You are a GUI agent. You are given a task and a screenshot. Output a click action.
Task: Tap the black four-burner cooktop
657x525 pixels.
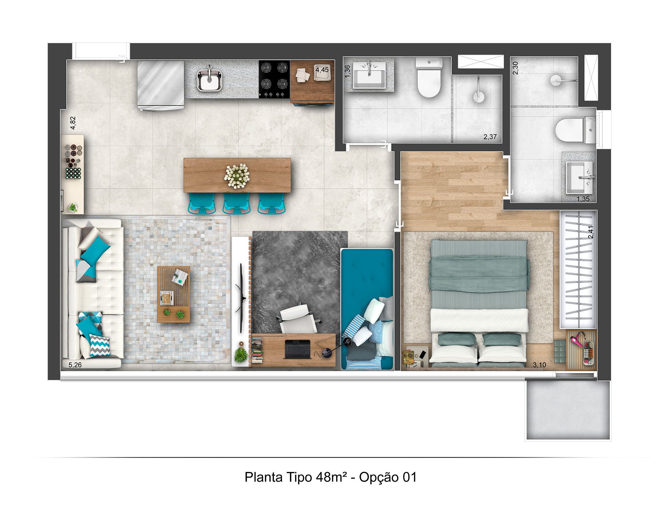(x=274, y=79)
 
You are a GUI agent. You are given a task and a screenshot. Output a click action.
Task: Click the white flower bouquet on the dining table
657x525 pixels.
(x=237, y=176)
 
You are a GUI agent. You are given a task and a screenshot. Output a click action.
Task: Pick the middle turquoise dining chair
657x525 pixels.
(x=236, y=203)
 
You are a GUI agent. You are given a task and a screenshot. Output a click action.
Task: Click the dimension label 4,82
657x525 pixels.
(x=73, y=123)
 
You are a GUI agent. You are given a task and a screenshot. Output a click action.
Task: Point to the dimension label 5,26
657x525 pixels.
(x=75, y=365)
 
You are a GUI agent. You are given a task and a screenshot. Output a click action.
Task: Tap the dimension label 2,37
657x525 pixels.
(x=490, y=137)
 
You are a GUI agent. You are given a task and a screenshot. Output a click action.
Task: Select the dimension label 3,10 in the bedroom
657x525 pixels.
(x=539, y=365)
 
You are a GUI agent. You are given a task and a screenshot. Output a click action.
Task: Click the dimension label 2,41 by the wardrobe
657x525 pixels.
(x=591, y=232)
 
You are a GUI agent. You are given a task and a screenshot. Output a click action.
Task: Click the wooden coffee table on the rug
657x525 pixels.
(x=174, y=294)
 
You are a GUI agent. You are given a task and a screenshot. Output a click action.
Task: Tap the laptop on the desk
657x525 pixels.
(x=298, y=349)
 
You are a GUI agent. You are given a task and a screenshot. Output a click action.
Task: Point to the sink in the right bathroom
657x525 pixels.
(x=580, y=178)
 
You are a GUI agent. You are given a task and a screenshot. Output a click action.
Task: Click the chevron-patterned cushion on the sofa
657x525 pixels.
(x=100, y=346)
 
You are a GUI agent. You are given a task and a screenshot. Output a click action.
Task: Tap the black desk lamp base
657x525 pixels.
(x=327, y=353)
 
